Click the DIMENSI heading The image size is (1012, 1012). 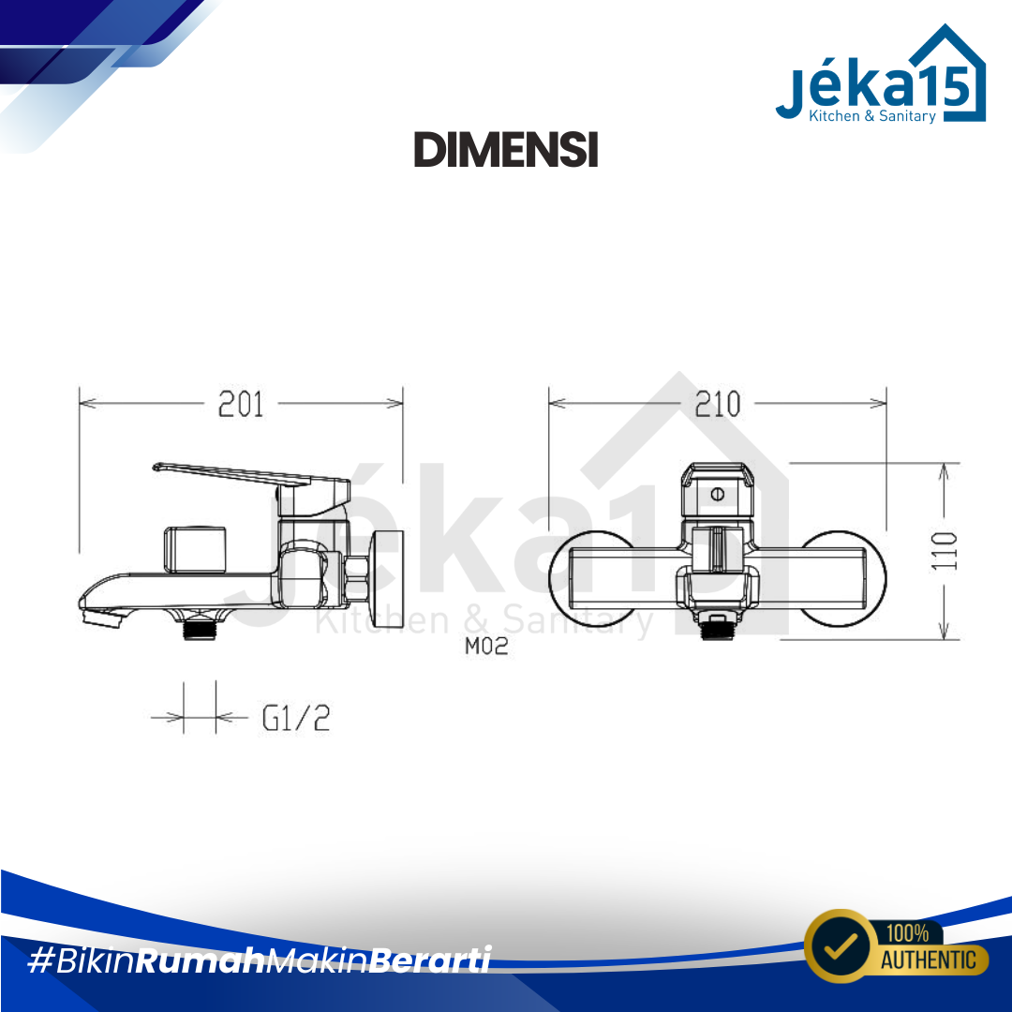click(x=506, y=149)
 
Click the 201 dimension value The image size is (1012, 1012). click(x=241, y=405)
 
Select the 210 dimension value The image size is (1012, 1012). click(x=717, y=405)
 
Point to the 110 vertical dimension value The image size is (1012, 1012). click(x=945, y=551)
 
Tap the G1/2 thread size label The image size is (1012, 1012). click(x=296, y=718)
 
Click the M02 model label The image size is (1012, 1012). click(x=486, y=646)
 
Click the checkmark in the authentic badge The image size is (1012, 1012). click(x=839, y=946)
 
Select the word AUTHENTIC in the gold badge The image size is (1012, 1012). click(x=929, y=960)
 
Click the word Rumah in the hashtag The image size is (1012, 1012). click(x=201, y=960)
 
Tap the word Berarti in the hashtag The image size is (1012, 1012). click(x=430, y=960)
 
